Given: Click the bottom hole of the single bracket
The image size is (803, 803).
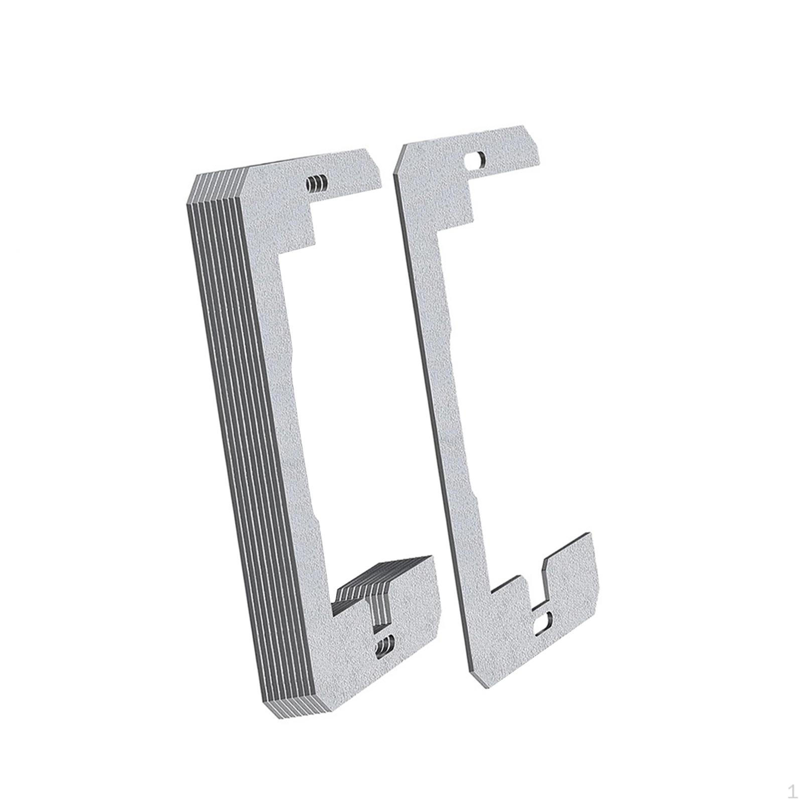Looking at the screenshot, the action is point(543,623).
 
